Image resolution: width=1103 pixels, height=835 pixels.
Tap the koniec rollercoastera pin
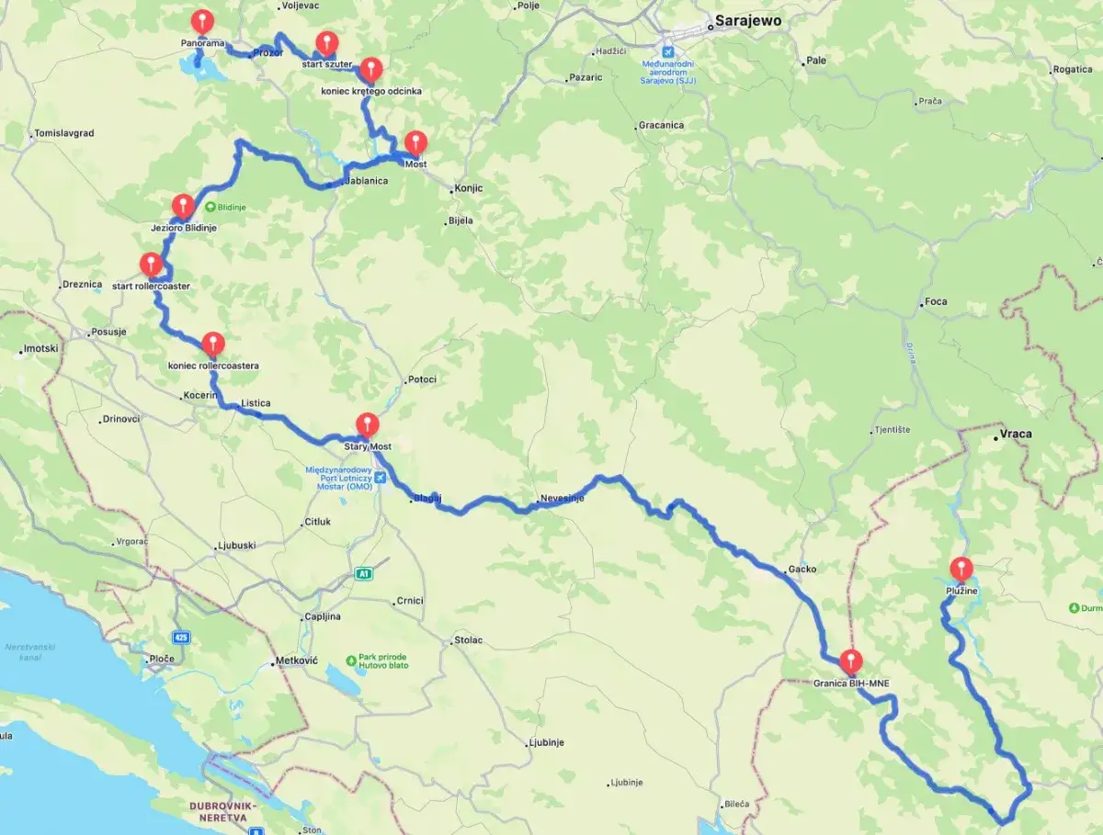[x=213, y=344]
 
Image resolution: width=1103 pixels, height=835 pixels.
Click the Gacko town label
[x=802, y=570]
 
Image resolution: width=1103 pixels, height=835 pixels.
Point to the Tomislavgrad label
[x=64, y=133]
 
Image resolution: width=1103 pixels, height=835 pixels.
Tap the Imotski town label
[x=40, y=349]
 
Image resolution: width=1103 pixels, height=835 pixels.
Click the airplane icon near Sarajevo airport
[x=668, y=50]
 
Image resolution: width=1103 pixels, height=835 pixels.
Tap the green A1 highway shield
[x=365, y=574]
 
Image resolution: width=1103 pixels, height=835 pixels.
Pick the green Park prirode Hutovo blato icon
[x=351, y=660]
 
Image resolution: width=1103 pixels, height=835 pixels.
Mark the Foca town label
[x=936, y=301]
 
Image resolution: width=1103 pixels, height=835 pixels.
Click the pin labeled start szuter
[x=326, y=43]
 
